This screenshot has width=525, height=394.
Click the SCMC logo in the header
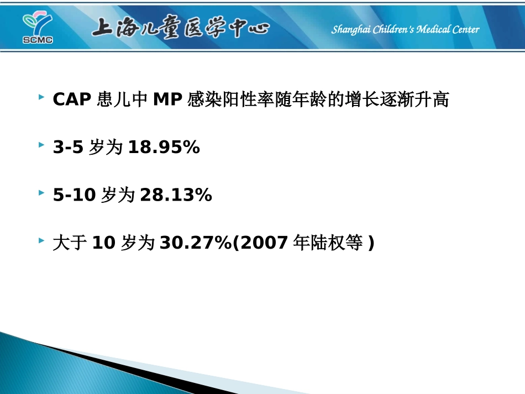tap(37, 28)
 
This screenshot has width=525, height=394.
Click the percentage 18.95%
tap(164, 148)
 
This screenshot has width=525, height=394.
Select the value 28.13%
tap(176, 195)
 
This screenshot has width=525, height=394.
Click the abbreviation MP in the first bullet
tap(168, 100)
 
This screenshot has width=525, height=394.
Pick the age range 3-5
tap(69, 148)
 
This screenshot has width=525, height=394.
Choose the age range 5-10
tap(75, 195)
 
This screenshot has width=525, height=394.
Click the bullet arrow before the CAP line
tap(42, 97)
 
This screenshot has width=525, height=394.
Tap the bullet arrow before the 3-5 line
tap(42, 145)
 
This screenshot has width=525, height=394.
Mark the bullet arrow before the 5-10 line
tap(42, 192)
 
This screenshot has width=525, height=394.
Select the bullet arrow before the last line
tap(42, 240)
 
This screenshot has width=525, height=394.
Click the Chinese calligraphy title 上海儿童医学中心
tap(180, 28)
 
